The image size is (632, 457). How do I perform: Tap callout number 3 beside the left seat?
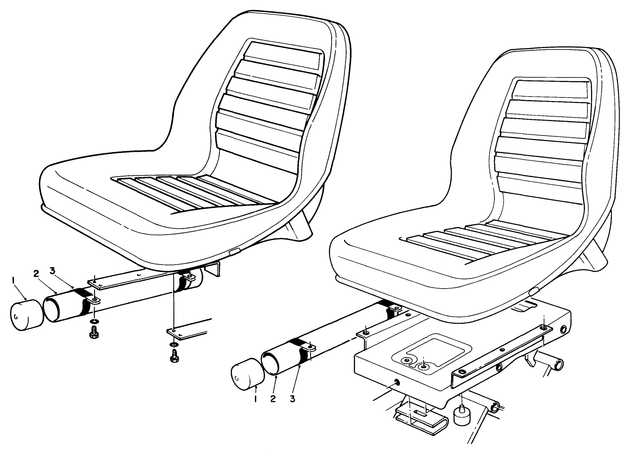(x=52, y=271)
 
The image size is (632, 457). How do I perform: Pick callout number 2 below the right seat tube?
(x=273, y=399)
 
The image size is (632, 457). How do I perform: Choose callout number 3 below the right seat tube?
(x=292, y=399)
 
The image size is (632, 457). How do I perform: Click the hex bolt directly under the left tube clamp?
(x=93, y=334)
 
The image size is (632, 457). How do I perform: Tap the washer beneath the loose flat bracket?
(x=174, y=346)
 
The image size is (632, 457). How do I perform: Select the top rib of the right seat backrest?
(x=550, y=90)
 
